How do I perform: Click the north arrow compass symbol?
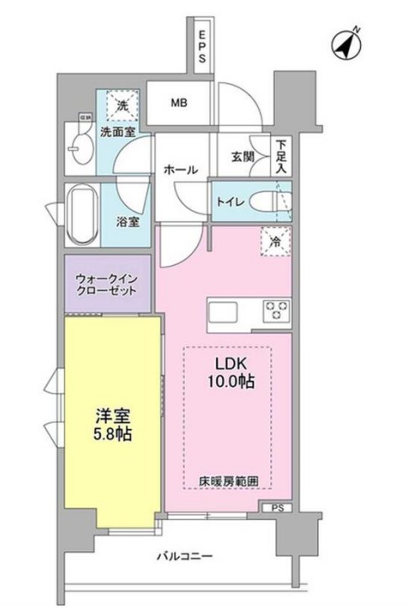345,45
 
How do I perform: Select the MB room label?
179,104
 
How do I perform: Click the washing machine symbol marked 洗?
124,106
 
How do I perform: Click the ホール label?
180,169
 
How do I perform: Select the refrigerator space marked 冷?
276,241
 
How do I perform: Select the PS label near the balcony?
277,508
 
